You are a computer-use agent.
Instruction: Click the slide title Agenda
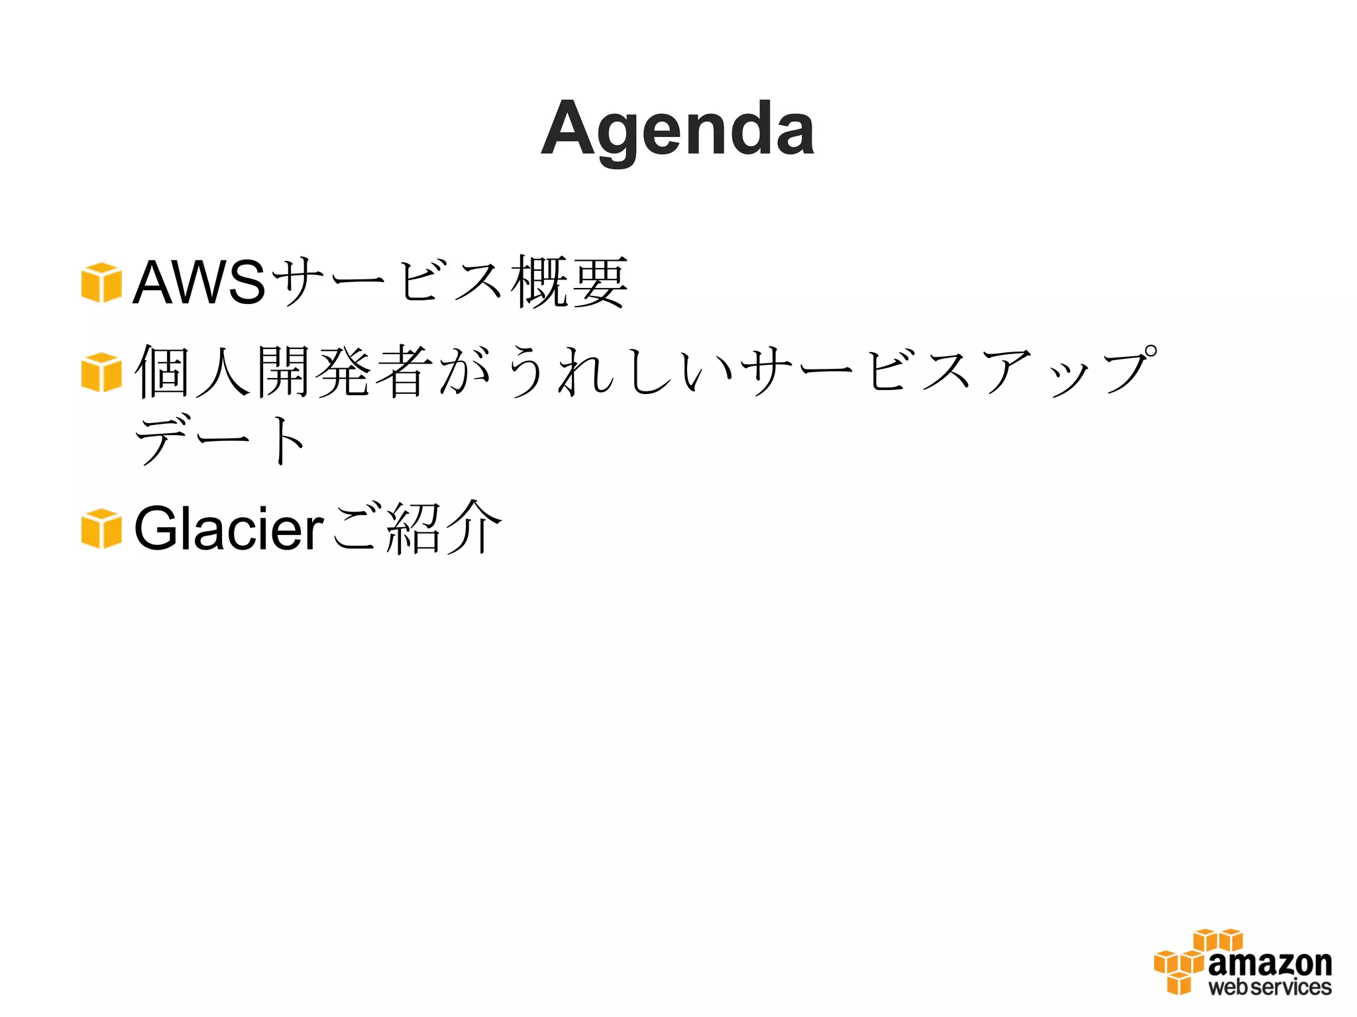[x=677, y=130]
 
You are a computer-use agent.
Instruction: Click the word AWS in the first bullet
[x=199, y=283]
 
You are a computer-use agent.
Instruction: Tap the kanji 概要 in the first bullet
[x=569, y=283]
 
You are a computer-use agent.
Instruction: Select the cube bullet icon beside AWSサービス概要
[x=101, y=283]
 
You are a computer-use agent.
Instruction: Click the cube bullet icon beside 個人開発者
[x=101, y=372]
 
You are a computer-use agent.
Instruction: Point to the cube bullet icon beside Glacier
[x=101, y=528]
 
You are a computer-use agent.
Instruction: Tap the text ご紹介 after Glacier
[x=416, y=528]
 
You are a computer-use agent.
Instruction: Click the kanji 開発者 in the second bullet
[x=345, y=372]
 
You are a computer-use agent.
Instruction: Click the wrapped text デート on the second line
[x=221, y=440]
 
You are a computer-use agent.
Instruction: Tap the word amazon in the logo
[x=1270, y=963]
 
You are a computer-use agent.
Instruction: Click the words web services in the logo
[x=1270, y=987]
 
